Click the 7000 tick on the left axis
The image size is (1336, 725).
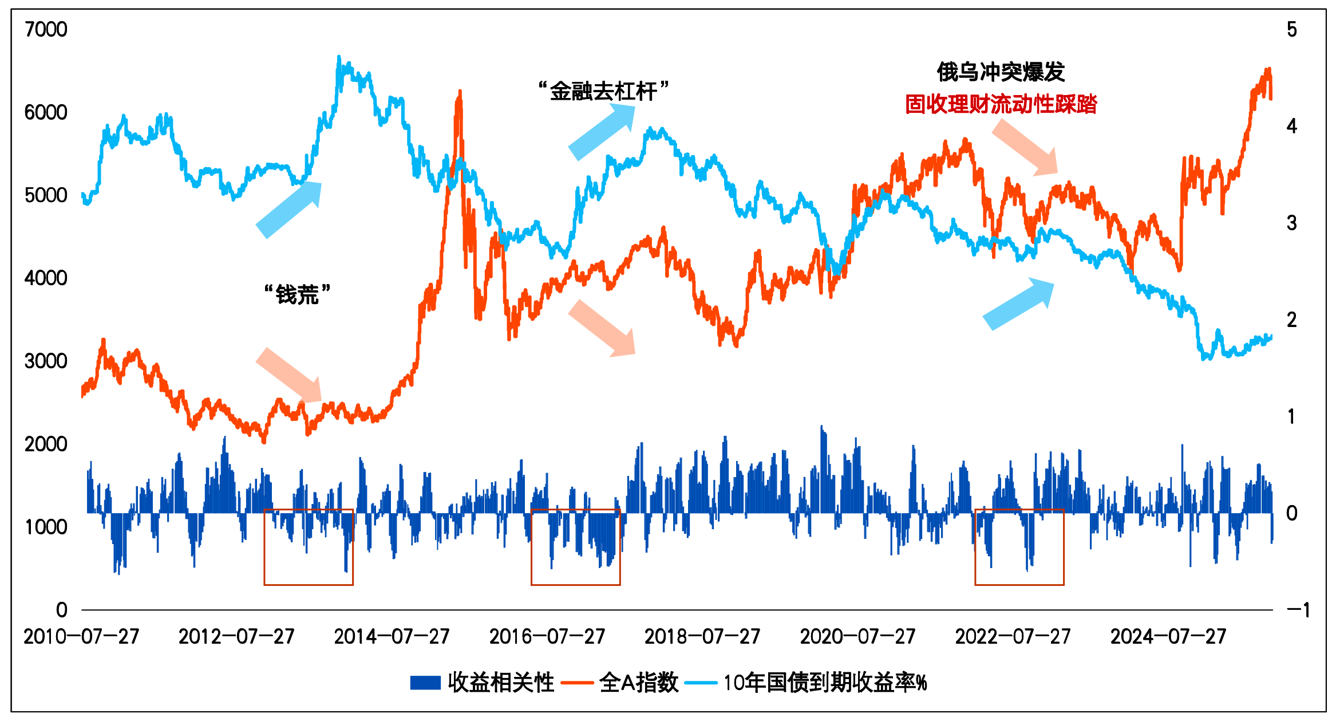pyautogui.click(x=46, y=30)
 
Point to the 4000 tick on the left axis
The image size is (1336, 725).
pyautogui.click(x=46, y=278)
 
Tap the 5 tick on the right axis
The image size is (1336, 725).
pyautogui.click(x=1291, y=30)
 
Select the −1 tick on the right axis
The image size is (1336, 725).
pyautogui.click(x=1297, y=610)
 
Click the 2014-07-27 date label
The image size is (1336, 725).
pyautogui.click(x=392, y=637)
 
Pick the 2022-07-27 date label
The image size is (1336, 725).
pyautogui.click(x=1013, y=637)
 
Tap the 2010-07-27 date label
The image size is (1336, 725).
pyautogui.click(x=81, y=637)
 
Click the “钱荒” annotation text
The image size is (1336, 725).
pyautogui.click(x=297, y=295)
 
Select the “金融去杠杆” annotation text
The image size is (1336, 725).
pyautogui.click(x=603, y=91)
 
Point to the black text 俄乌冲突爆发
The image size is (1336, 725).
pyautogui.click(x=1001, y=72)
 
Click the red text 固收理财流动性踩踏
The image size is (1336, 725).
pyautogui.click(x=1001, y=104)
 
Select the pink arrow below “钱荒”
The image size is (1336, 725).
pyautogui.click(x=290, y=376)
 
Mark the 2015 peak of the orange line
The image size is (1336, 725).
pyautogui.click(x=460, y=92)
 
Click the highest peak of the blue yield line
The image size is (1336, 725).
pyautogui.click(x=339, y=57)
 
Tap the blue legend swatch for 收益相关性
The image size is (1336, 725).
pyautogui.click(x=425, y=683)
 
